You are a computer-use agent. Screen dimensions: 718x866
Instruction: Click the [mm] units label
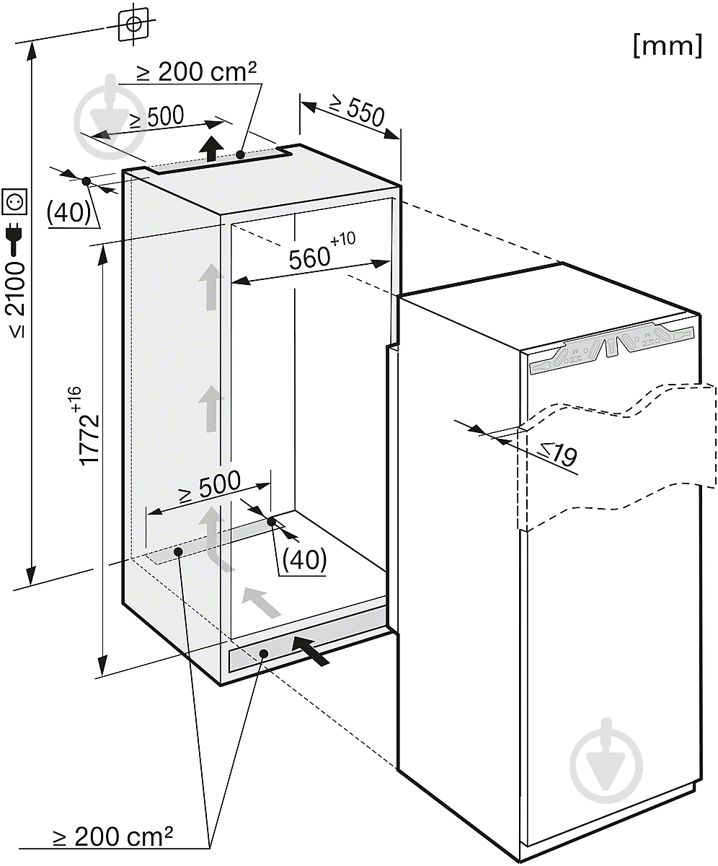668,45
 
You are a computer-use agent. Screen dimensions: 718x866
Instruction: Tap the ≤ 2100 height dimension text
17,299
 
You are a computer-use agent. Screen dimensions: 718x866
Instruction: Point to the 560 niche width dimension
309,258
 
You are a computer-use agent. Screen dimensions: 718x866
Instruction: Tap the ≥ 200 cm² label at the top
197,71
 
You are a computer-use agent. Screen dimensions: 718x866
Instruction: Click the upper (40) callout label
68,212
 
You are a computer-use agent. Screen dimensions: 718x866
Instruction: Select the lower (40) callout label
304,559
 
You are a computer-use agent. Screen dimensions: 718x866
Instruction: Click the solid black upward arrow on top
212,148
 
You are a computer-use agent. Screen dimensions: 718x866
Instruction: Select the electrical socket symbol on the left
14,201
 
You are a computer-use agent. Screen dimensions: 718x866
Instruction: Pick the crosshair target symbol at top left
133,23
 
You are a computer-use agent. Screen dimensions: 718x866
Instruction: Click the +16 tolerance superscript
76,399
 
